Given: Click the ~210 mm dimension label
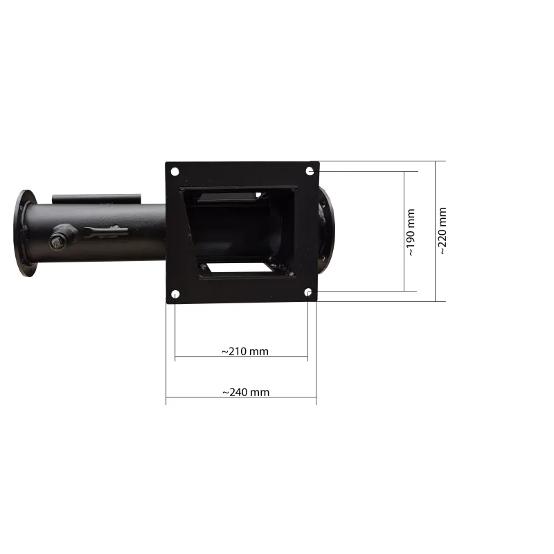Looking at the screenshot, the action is (x=245, y=352).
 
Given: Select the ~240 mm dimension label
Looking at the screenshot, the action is (x=246, y=392).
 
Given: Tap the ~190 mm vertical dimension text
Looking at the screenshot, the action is (x=411, y=232).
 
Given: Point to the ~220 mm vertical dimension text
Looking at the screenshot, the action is (x=443, y=231).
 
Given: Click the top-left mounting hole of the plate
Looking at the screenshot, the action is (x=175, y=172).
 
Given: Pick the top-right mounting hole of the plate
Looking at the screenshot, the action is (x=310, y=171).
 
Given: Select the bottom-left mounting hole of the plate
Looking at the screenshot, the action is (x=175, y=294).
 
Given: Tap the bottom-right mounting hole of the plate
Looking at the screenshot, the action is (x=308, y=292).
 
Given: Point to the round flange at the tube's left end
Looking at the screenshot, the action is (x=25, y=233).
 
